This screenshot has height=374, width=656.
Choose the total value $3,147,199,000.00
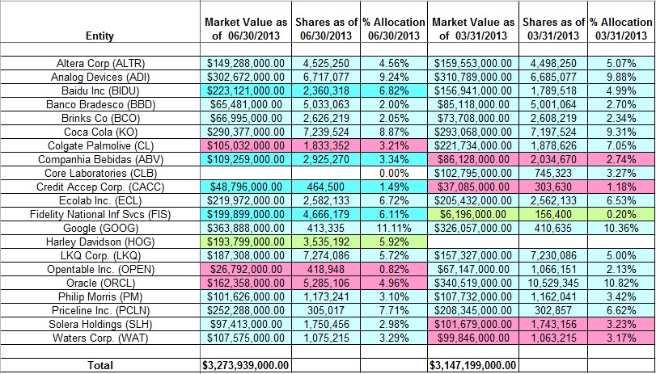coord(474,365)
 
